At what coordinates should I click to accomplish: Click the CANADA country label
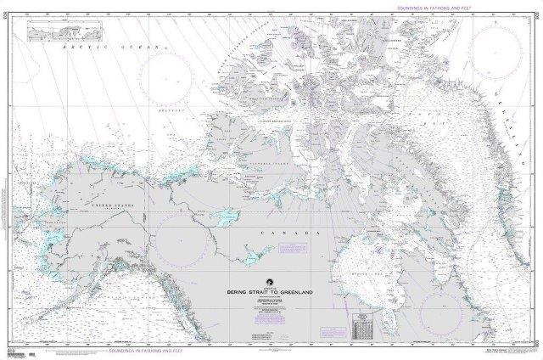point(303,231)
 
